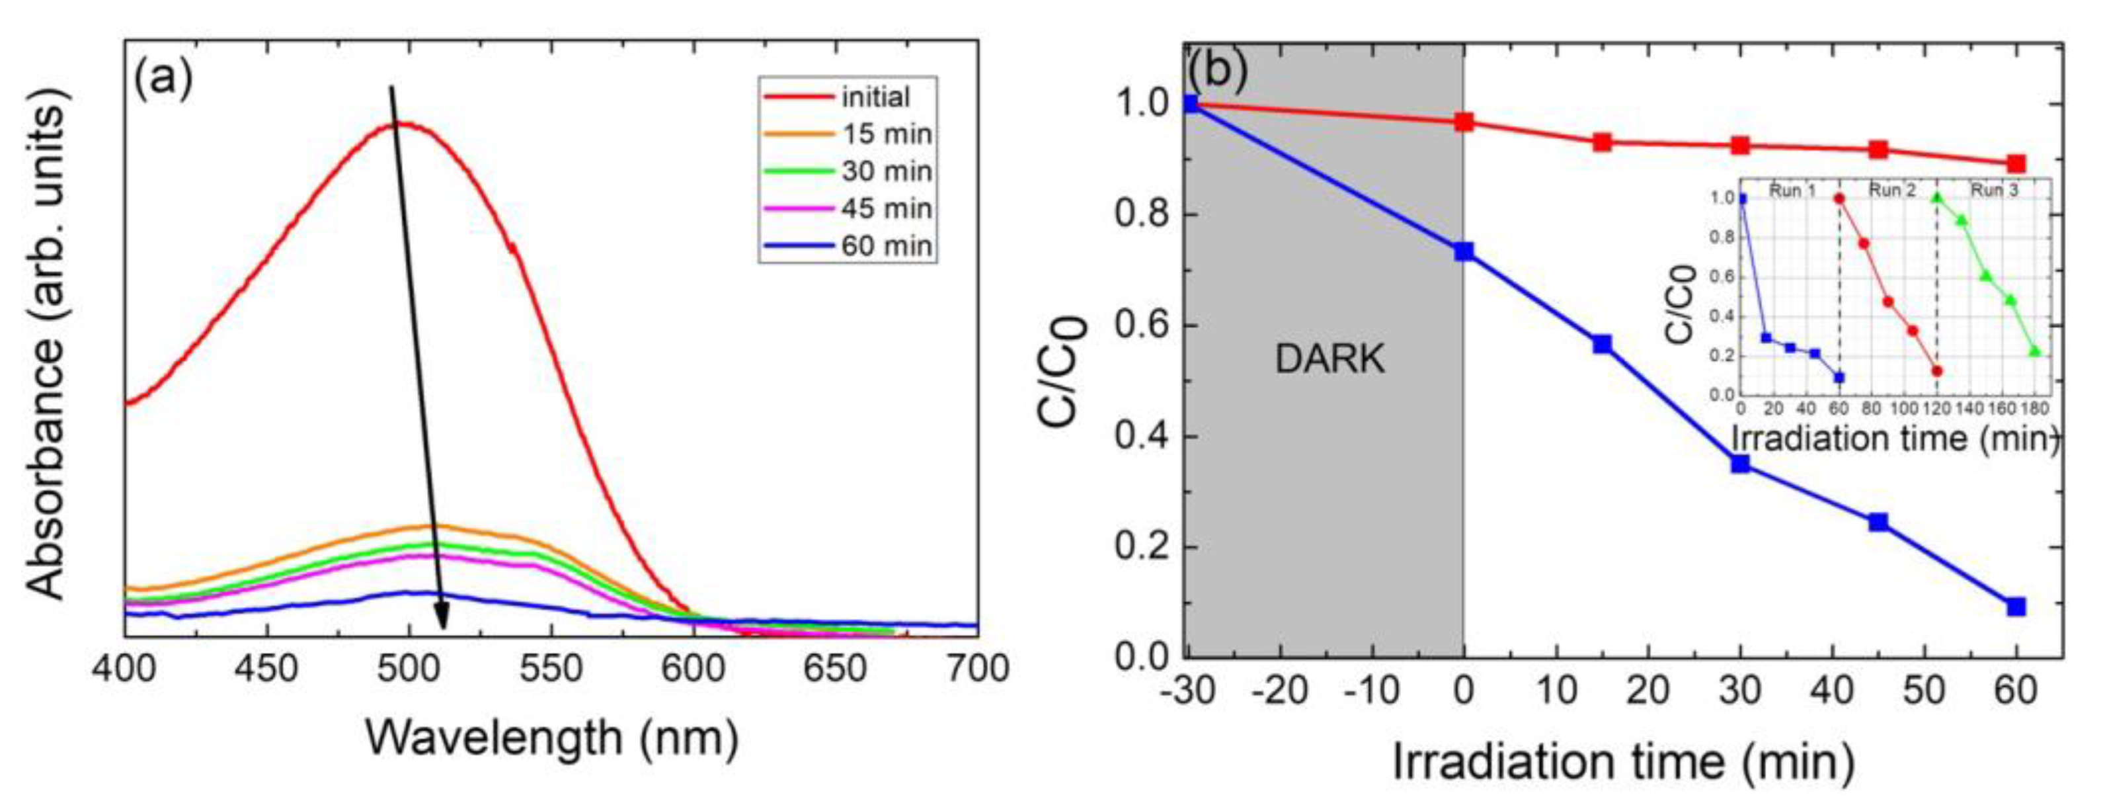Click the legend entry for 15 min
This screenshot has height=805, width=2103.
(887, 134)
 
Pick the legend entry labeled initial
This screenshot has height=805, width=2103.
(875, 97)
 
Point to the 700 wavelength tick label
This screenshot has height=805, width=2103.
(977, 670)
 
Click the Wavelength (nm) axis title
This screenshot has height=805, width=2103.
(551, 739)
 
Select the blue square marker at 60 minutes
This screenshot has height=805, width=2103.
(2016, 607)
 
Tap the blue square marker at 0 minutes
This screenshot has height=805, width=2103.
(1464, 251)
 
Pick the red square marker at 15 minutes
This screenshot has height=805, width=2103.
(1602, 142)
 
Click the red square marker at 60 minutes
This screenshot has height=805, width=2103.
(2016, 163)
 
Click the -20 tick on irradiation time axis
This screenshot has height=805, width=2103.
(1279, 691)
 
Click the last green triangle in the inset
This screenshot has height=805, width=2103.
(2034, 352)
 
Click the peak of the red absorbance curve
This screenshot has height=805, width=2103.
(405, 123)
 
